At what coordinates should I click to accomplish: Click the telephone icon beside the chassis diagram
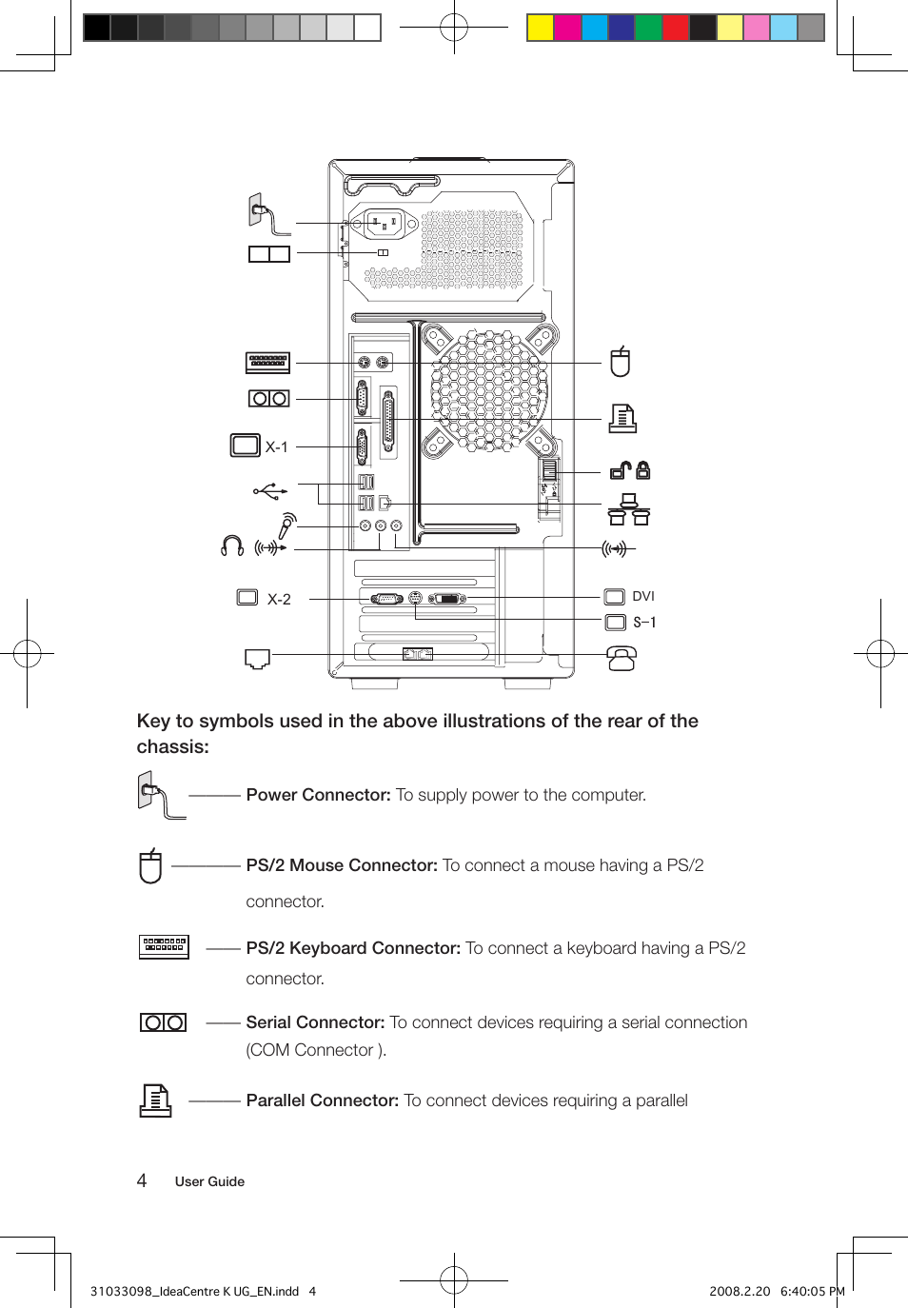(x=622, y=658)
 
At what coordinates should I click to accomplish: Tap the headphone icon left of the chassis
(x=231, y=545)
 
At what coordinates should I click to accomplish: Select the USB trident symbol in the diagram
(x=269, y=490)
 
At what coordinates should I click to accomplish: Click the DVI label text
(x=643, y=596)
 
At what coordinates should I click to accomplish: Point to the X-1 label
(x=276, y=446)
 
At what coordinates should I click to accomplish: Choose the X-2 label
(x=279, y=599)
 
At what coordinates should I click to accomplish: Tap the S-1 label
(x=644, y=622)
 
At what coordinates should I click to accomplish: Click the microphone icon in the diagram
(x=286, y=525)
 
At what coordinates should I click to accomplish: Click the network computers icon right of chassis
(x=629, y=509)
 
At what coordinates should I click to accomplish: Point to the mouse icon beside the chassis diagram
(x=621, y=362)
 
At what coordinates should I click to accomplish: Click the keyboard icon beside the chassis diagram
(x=267, y=362)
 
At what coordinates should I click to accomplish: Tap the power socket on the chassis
(x=385, y=225)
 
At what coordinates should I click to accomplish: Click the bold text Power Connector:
(x=318, y=795)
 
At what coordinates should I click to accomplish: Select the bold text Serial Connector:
(x=315, y=1022)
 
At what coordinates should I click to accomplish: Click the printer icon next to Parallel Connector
(x=155, y=1100)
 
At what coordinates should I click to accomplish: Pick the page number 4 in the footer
(x=142, y=1180)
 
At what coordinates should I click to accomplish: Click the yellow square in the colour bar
(x=541, y=28)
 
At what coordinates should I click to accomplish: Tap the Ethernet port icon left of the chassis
(x=257, y=659)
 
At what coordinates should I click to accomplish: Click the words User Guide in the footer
(x=209, y=1181)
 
